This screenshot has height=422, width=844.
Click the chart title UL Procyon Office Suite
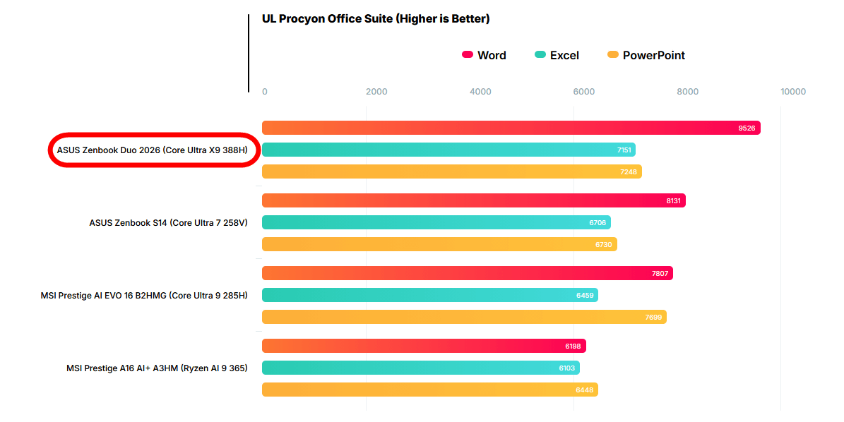(376, 19)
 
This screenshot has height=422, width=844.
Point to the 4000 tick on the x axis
(480, 92)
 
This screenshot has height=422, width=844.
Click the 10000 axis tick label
(792, 92)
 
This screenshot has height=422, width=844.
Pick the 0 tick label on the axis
(265, 92)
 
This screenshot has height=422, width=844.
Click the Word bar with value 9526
(511, 128)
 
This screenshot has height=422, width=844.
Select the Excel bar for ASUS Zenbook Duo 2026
(448, 150)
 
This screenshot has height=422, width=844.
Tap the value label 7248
(629, 171)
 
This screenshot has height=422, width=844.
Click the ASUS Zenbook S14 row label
(168, 222)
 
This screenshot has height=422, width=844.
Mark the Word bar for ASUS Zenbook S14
(473, 200)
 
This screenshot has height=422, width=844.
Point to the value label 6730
(604, 244)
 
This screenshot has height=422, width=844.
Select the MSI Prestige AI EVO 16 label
(144, 295)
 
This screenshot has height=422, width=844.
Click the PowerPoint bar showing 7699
(464, 317)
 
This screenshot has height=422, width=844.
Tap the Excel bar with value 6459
(429, 295)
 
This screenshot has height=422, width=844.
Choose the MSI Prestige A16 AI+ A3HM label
(157, 368)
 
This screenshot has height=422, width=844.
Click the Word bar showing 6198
(424, 346)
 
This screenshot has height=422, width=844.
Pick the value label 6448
(585, 390)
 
